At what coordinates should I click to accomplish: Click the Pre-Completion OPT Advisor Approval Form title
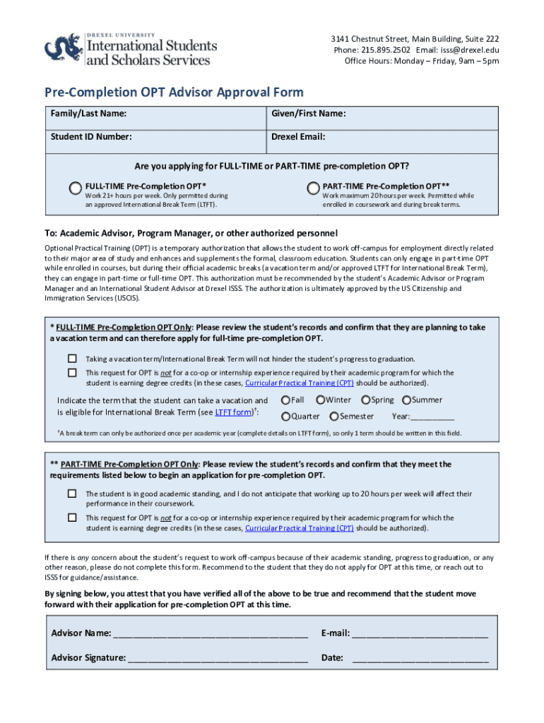pos(175,92)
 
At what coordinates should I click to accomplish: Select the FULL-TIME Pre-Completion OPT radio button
pos(76,187)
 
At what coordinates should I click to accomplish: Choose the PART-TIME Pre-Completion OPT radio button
pos(313,187)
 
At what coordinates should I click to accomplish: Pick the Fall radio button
pos(285,400)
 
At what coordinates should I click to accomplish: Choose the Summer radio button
pos(406,400)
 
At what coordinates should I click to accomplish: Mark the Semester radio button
pos(334,417)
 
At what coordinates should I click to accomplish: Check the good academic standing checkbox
pos(72,494)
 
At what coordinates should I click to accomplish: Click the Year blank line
pos(433,417)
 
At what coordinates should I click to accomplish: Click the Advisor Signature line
pos(218,657)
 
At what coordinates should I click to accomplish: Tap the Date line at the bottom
pos(420,657)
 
